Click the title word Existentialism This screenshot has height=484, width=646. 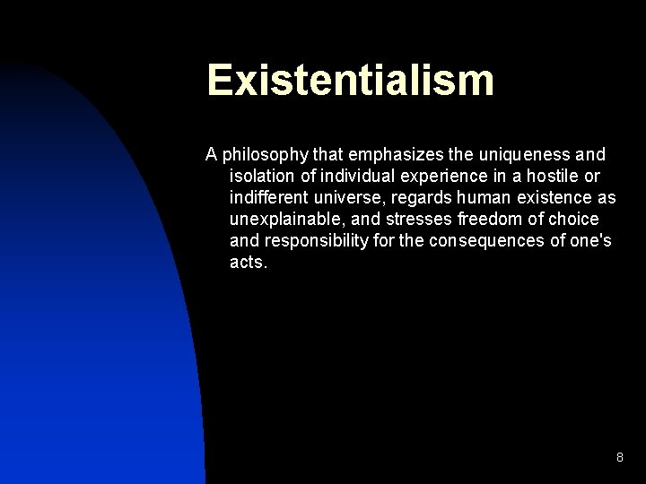coord(350,80)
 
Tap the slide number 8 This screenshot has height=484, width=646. coord(619,458)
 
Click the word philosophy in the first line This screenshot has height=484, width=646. coord(261,155)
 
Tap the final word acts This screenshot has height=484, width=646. coord(248,262)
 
